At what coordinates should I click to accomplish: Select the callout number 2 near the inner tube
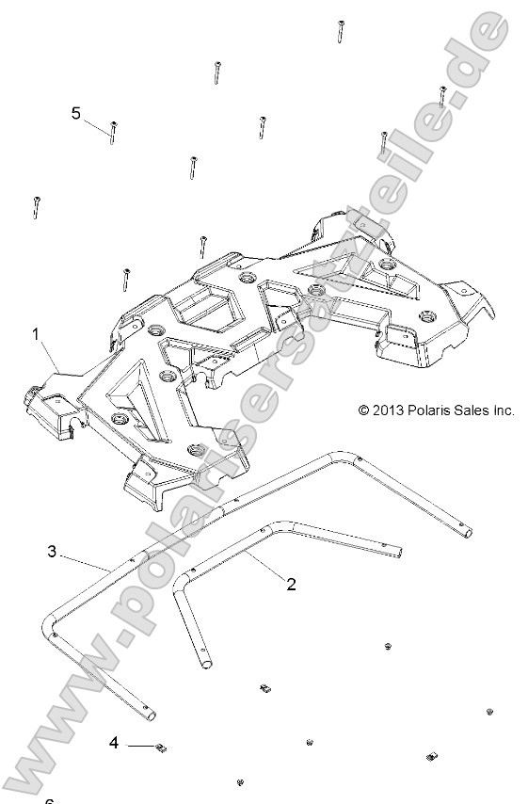click(x=291, y=585)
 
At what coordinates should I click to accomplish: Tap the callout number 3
click(x=53, y=551)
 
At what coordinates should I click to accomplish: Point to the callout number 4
click(x=114, y=743)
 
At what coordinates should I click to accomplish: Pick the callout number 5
click(x=76, y=113)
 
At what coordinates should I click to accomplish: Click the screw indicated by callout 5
click(x=113, y=133)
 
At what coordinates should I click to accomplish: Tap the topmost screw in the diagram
click(x=336, y=31)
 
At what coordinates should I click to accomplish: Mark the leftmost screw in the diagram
click(x=36, y=206)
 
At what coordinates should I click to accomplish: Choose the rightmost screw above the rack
click(x=441, y=97)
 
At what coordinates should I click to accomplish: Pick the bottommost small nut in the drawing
click(x=242, y=781)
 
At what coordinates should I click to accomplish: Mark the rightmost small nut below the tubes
click(x=490, y=712)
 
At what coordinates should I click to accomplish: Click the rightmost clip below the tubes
click(x=432, y=756)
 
